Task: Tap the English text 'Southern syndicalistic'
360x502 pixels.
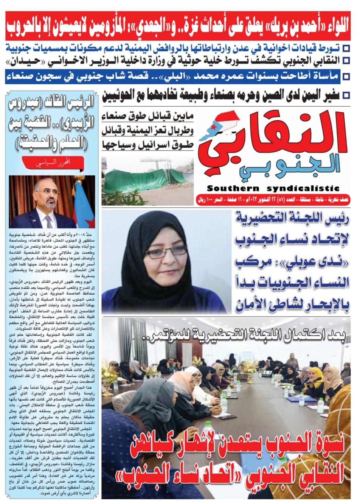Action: tap(273, 188)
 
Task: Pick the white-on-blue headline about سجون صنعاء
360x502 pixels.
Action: tap(178, 77)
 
